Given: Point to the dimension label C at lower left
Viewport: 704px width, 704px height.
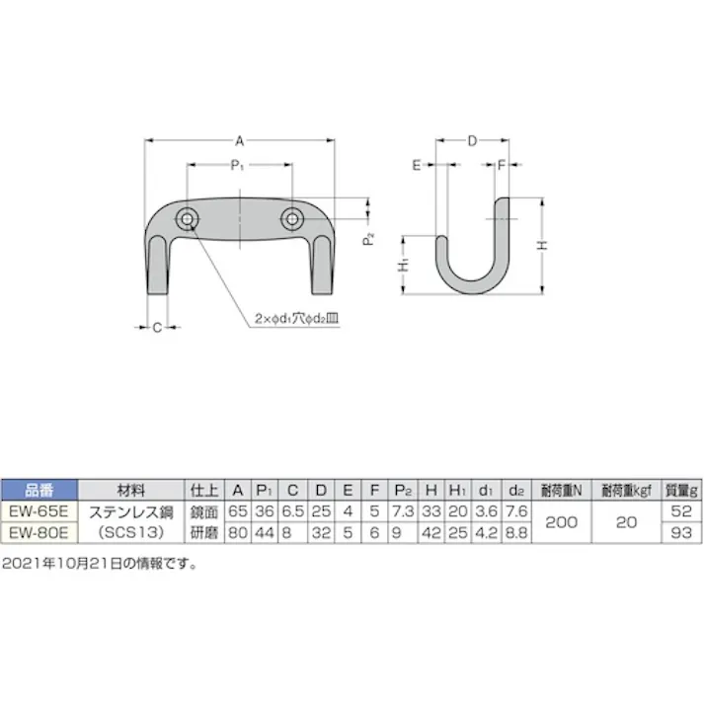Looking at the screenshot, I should click(156, 327).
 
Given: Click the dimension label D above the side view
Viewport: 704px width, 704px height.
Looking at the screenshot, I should click(472, 141).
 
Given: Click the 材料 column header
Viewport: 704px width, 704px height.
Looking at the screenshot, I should click(130, 490).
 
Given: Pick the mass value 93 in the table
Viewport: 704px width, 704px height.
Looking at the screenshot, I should click(680, 530).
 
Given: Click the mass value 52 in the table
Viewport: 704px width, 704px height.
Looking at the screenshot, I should click(680, 510).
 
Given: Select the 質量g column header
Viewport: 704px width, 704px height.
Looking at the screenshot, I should click(680, 490).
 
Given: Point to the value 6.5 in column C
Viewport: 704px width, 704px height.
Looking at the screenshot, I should click(292, 510).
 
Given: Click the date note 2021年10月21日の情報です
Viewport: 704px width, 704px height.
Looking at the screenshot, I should click(100, 564).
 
